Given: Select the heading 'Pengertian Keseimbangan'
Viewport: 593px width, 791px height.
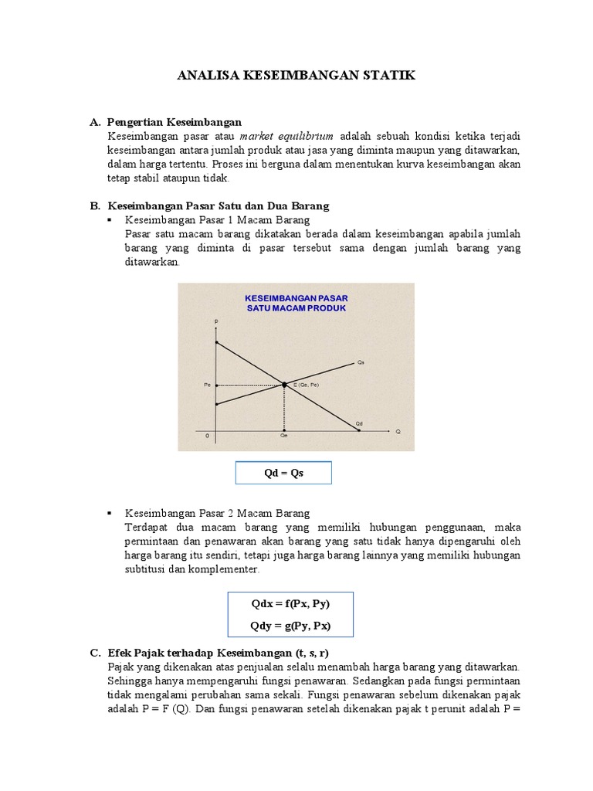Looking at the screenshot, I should pos(175,122).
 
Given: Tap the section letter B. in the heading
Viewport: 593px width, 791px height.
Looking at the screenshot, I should pos(96,206).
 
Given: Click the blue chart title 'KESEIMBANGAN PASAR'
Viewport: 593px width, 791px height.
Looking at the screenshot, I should pos(296,297).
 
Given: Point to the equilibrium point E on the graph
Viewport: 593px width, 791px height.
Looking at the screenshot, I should pos(285,385).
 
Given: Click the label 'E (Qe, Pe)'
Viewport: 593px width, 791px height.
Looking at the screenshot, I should pos(307,385).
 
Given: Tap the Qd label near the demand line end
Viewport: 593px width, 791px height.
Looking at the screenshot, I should pos(359,423).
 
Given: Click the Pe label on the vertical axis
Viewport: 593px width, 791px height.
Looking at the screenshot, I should pos(207,385).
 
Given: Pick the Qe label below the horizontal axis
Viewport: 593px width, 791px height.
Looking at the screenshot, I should pos(284,436).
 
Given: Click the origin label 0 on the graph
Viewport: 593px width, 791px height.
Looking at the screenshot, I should pos(207,436).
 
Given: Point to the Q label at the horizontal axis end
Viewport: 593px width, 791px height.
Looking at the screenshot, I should pos(398,431).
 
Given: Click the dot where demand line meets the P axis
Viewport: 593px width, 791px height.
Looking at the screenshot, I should pos(217,342).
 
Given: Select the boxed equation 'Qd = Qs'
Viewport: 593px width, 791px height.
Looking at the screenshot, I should pos(283,473).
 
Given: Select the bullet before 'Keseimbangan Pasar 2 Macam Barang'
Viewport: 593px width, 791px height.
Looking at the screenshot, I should pos(111,513).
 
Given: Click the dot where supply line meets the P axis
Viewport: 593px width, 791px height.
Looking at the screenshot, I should pos(217,403).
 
